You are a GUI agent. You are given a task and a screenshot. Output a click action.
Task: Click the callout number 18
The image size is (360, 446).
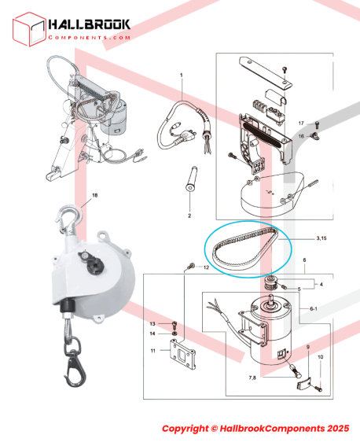tap(94, 195)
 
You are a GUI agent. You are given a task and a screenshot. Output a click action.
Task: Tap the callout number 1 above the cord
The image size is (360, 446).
tap(182, 76)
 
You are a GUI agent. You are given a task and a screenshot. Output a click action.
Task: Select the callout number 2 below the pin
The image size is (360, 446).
tap(189, 216)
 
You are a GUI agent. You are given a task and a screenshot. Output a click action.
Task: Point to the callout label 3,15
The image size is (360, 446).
tap(321, 238)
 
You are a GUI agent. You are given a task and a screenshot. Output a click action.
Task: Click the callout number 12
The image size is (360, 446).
tap(206, 267)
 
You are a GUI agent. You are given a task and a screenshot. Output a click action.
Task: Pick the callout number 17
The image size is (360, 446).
tap(301, 123)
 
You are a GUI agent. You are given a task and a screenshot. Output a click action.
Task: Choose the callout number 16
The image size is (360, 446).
tap(301, 136)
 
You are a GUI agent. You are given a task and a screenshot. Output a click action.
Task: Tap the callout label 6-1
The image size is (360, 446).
tap(314, 308)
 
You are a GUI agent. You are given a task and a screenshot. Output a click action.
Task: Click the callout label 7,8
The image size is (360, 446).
tap(252, 378)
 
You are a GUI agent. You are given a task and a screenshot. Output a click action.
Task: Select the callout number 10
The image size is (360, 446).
tap(320, 356)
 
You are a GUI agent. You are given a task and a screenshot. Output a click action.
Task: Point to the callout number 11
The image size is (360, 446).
tap(152, 351)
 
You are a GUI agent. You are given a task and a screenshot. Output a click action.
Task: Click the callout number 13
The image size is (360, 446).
tap(152, 324)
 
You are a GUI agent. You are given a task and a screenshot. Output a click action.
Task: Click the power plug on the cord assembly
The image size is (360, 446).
tap(186, 137)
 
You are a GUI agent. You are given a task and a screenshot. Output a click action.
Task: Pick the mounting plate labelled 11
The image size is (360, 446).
tap(182, 354)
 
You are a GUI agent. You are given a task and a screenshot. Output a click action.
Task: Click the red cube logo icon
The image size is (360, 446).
tap(29, 29)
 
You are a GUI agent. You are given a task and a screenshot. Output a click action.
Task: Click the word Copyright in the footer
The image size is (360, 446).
tap(185, 429)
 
